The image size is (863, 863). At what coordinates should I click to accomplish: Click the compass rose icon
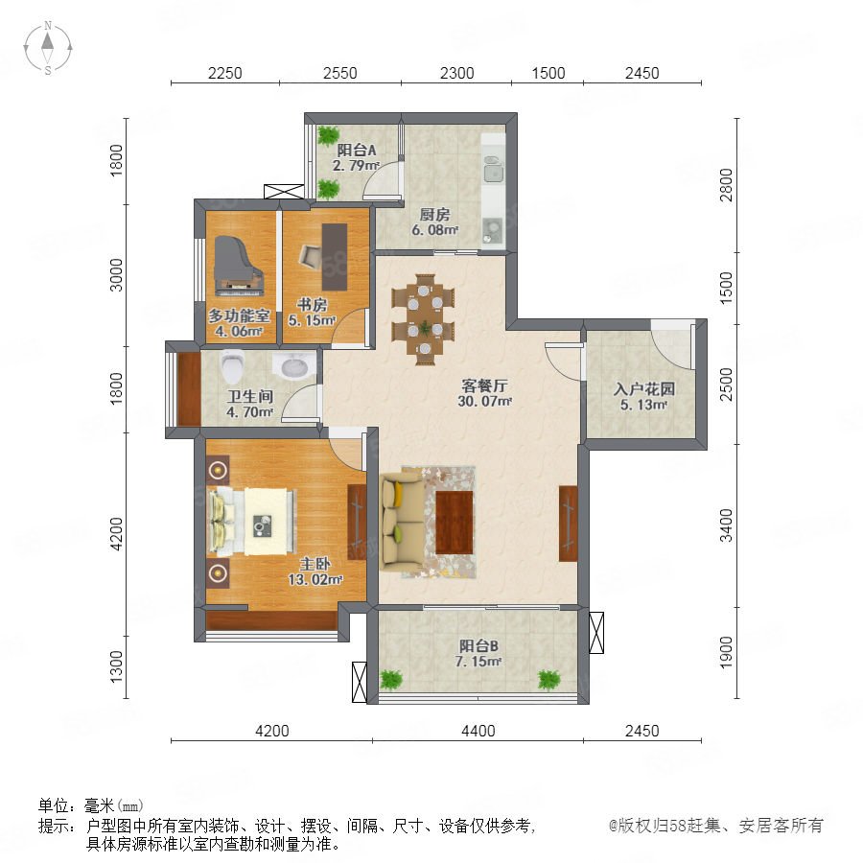pyautogui.click(x=48, y=48)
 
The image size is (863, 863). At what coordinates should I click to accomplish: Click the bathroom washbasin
pyautogui.click(x=293, y=365)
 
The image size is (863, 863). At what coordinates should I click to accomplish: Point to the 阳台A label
pyautogui.click(x=357, y=150)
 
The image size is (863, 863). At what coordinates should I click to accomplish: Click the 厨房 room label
pyautogui.click(x=434, y=214)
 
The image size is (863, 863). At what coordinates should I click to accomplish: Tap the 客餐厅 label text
pyautogui.click(x=484, y=385)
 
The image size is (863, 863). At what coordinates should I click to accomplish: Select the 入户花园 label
pyautogui.click(x=644, y=389)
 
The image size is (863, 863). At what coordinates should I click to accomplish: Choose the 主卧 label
pyautogui.click(x=315, y=564)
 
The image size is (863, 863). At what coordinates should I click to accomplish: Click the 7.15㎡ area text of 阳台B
pyautogui.click(x=478, y=662)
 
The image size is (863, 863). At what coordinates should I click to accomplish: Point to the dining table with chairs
pyautogui.click(x=423, y=319)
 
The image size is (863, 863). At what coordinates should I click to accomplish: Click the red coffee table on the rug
pyautogui.click(x=455, y=523)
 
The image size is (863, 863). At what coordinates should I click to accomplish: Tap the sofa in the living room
pyautogui.click(x=402, y=523)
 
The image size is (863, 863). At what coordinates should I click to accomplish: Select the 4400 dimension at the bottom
pyautogui.click(x=478, y=731)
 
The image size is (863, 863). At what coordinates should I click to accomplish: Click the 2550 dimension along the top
pyautogui.click(x=339, y=73)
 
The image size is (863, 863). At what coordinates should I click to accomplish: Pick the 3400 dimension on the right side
pyautogui.click(x=727, y=525)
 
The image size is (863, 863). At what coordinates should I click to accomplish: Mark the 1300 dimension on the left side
pyautogui.click(x=116, y=666)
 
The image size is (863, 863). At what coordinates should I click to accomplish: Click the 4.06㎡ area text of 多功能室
pyautogui.click(x=239, y=332)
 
